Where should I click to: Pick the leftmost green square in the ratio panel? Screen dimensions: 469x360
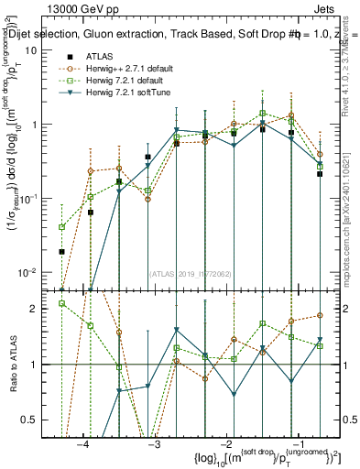click(x=62, y=303)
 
